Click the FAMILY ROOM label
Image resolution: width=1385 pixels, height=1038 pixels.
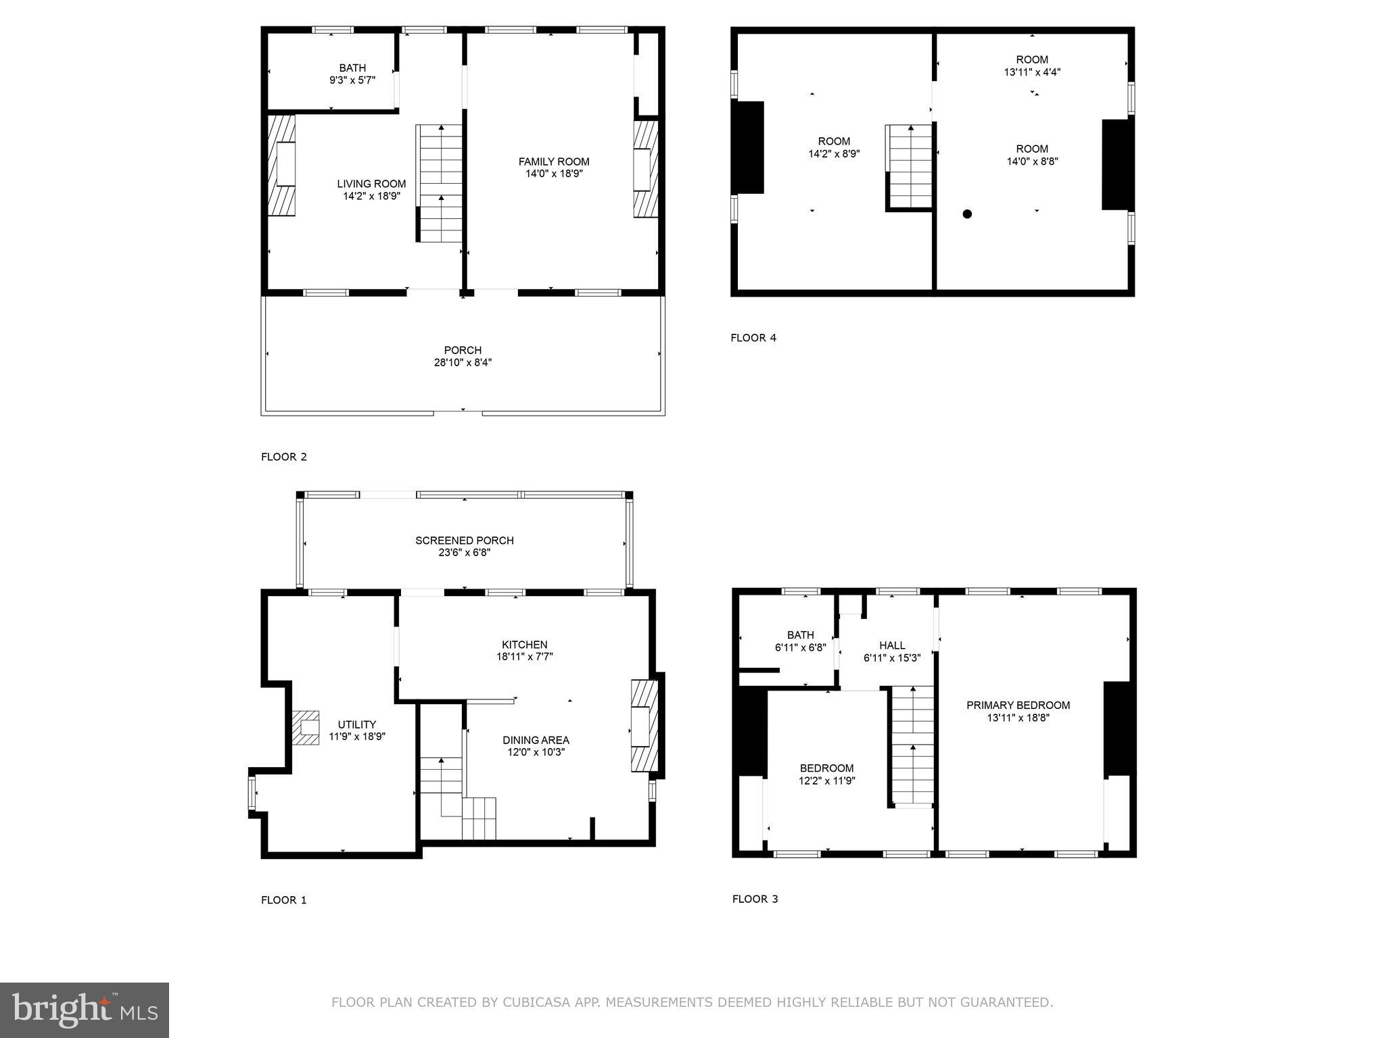point(553,162)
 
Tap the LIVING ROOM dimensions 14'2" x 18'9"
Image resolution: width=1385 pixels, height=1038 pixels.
point(371,197)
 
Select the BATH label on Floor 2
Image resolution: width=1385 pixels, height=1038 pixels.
point(352,68)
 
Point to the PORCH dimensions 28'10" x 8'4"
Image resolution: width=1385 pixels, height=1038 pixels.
point(463,363)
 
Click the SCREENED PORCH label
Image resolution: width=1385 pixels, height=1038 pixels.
point(464,541)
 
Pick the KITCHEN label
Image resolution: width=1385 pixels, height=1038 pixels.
point(524,645)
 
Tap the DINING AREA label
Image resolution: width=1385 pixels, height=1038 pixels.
point(536,740)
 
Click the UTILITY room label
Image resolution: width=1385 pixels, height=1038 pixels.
point(356,724)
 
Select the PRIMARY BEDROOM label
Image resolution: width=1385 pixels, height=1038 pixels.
point(1018,706)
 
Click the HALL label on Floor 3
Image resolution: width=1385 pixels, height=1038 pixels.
point(892,645)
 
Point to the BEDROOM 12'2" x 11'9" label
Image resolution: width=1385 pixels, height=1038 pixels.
point(826,768)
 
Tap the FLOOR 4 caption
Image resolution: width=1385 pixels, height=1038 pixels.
point(753,338)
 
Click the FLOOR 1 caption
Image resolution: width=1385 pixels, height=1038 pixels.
point(284,900)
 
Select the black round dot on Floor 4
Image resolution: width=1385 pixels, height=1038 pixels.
point(967,214)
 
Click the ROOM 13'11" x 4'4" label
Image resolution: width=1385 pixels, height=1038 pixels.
point(1032,59)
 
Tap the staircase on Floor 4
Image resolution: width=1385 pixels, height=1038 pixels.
point(910,167)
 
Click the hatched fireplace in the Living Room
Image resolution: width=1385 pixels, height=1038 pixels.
point(282,165)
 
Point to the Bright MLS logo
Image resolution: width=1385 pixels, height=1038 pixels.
point(85,1010)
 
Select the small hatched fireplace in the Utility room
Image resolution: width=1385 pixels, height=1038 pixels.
point(306,727)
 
